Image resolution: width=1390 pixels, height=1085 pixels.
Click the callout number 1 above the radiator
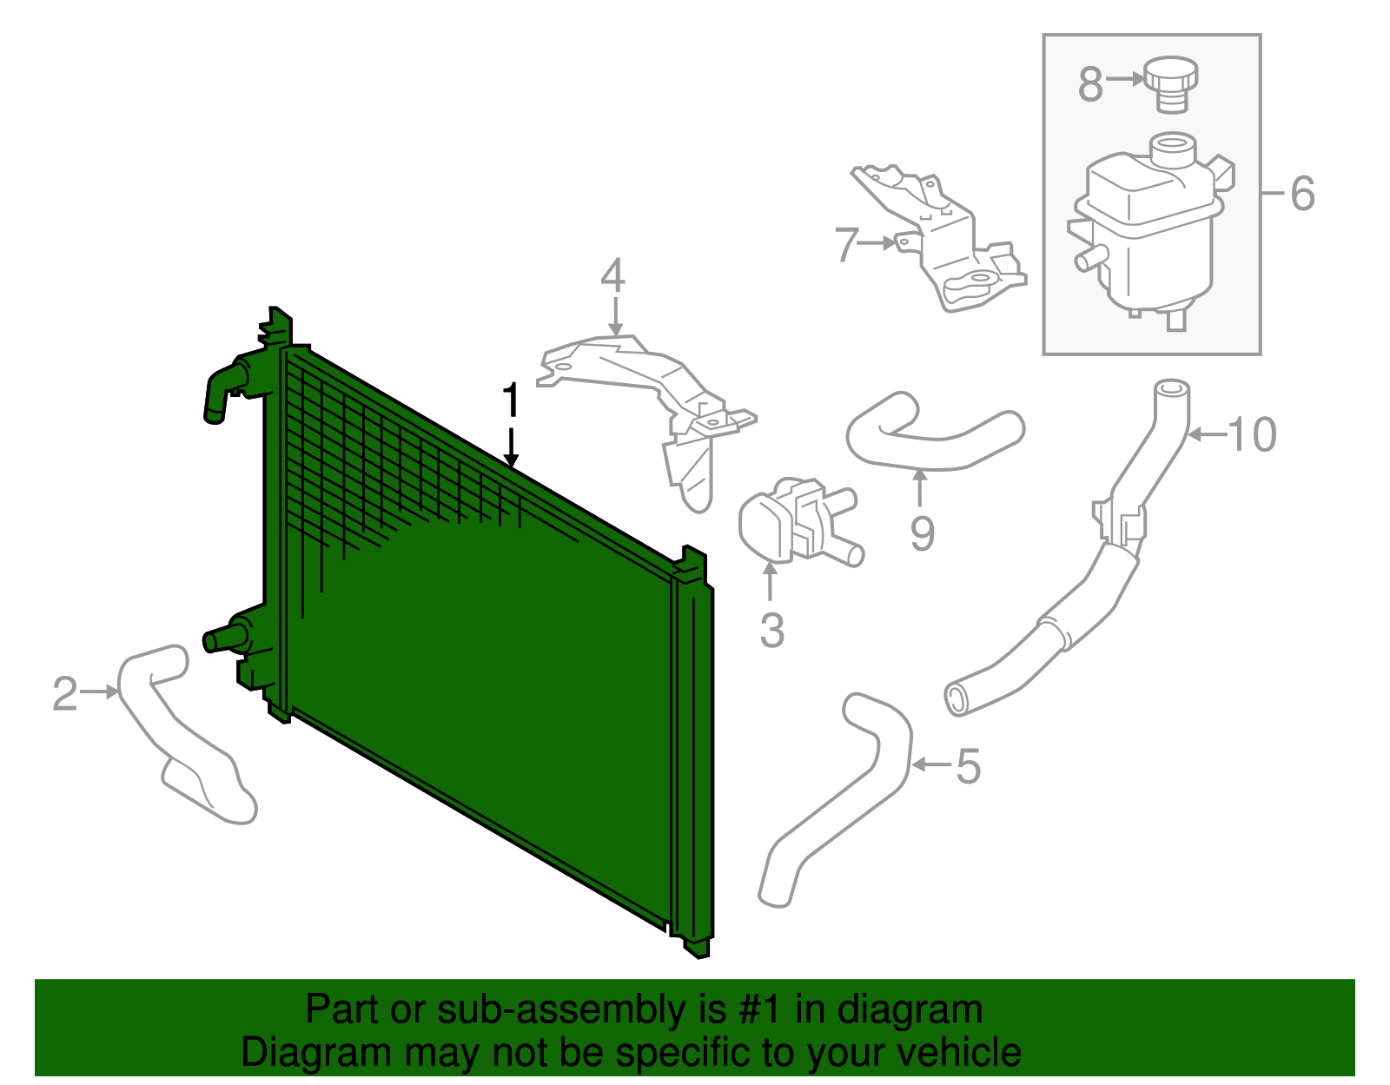coord(511,401)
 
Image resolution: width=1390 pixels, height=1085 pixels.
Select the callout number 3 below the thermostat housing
coord(771,630)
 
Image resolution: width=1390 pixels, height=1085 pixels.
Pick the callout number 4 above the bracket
coord(612,276)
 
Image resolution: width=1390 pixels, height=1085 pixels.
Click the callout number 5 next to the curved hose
coord(968,766)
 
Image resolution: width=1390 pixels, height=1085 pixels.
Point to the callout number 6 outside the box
coord(1302,193)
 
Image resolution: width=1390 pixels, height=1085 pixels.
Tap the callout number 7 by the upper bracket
coord(846,244)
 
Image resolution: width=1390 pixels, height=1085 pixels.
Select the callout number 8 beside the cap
coord(1090,84)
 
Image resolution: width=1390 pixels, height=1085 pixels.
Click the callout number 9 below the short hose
coord(922,533)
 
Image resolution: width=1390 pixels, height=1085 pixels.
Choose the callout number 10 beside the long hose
coord(1253,434)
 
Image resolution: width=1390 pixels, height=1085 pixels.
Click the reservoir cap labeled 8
coord(1170,82)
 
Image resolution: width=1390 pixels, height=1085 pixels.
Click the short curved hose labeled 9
coord(934,433)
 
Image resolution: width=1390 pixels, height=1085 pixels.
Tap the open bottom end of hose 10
coord(956,699)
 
